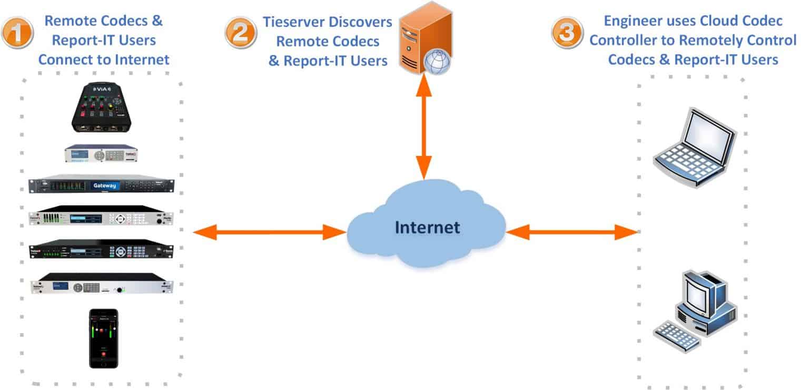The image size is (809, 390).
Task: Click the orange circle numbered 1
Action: tap(17, 33)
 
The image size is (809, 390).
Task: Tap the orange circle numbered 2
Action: tap(240, 33)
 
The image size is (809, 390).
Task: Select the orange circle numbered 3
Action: tap(567, 33)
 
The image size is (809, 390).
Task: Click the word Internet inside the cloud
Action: tap(427, 228)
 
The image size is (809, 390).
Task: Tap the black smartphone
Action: tap(103, 338)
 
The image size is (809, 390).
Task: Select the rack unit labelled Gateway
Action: tap(101, 186)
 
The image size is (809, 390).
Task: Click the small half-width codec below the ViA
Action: tap(101, 154)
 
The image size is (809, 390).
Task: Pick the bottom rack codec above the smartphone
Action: tap(101, 285)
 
